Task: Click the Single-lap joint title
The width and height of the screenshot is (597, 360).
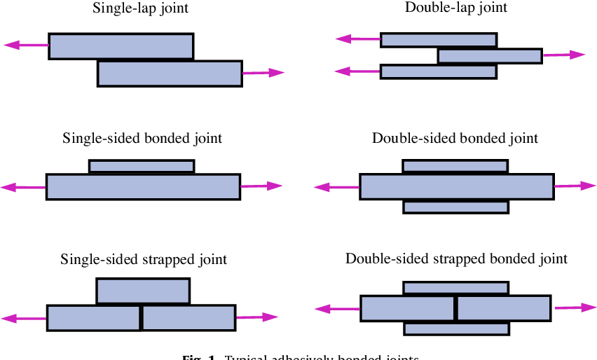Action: (140, 9)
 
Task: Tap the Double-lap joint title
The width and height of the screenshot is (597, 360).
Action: (456, 8)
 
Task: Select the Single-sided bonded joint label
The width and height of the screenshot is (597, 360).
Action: (142, 138)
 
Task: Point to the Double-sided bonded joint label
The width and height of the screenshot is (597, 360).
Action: (455, 138)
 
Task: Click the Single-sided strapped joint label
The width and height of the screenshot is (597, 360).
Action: (144, 260)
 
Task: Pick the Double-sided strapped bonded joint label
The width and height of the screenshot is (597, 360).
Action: (456, 259)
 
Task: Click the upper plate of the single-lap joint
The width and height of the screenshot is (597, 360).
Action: (121, 46)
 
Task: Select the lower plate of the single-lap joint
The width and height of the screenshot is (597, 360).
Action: (170, 74)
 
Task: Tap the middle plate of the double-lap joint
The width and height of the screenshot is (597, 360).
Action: (490, 55)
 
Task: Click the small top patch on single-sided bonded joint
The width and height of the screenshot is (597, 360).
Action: (142, 166)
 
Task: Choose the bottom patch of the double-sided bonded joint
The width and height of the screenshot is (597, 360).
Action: (455, 207)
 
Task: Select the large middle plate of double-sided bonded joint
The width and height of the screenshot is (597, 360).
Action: (456, 187)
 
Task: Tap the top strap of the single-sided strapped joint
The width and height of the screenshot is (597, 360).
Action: (143, 291)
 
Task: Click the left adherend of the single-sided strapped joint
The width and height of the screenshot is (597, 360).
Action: (94, 317)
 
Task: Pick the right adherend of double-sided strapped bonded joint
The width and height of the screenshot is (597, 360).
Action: (503, 308)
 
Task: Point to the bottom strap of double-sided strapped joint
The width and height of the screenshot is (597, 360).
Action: (456, 328)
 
